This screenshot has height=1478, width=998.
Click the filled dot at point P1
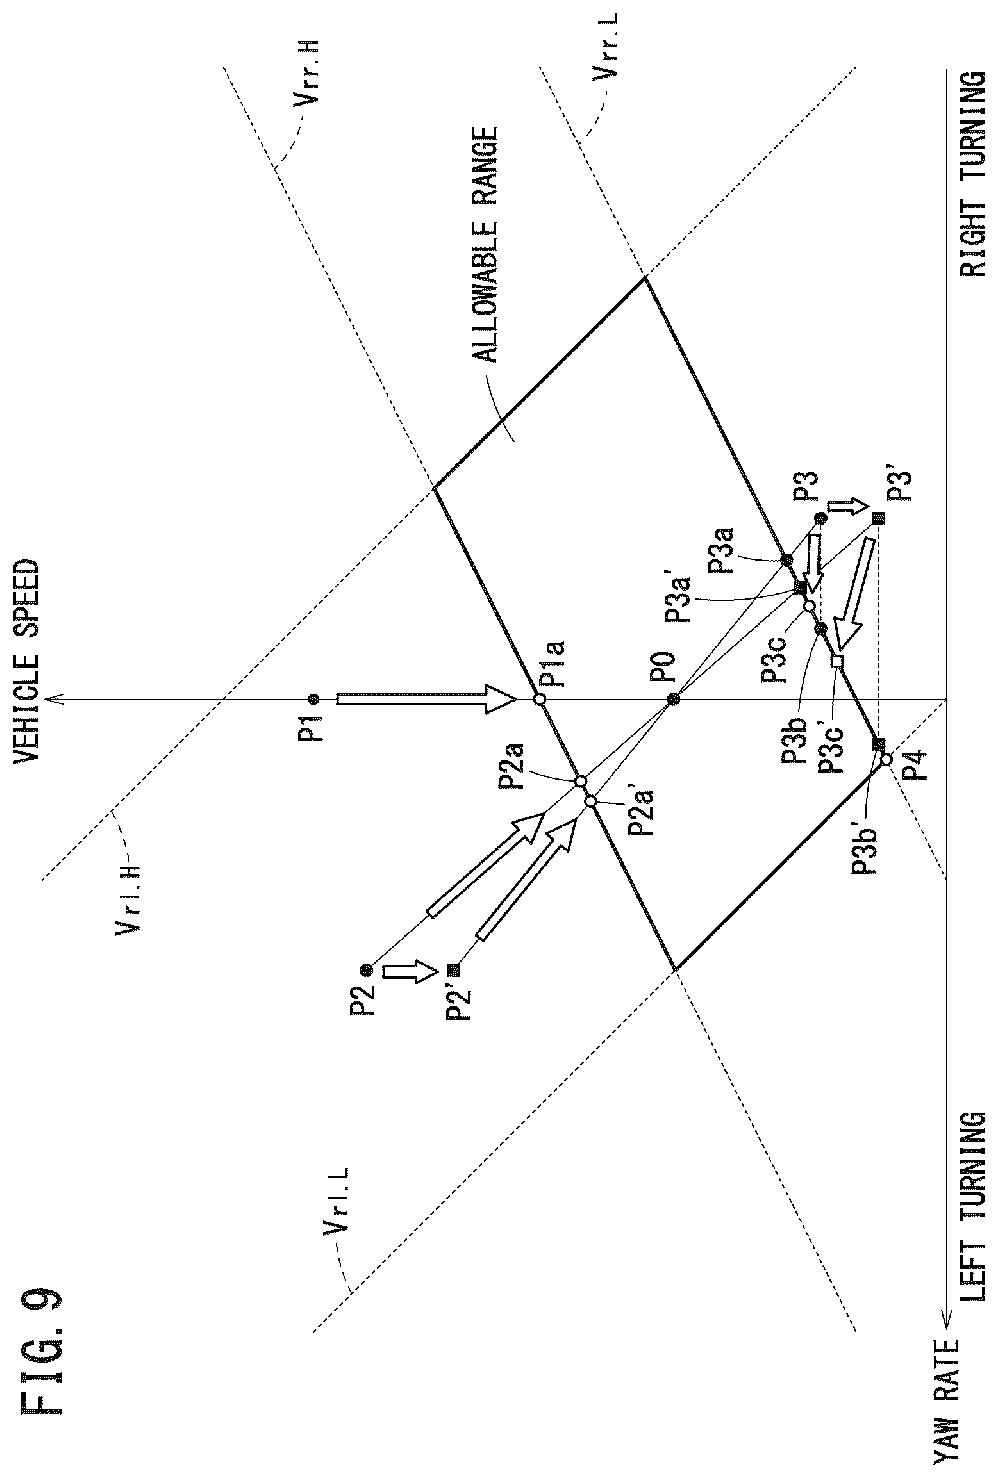tap(313, 699)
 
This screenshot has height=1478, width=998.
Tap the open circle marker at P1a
tap(540, 699)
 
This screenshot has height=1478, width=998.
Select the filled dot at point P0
tap(673, 699)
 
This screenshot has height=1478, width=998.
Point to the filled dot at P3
tap(820, 518)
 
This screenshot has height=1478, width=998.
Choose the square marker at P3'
tap(878, 518)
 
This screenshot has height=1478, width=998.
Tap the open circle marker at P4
tap(886, 759)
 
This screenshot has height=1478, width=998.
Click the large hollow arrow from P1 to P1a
tap(426, 699)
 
